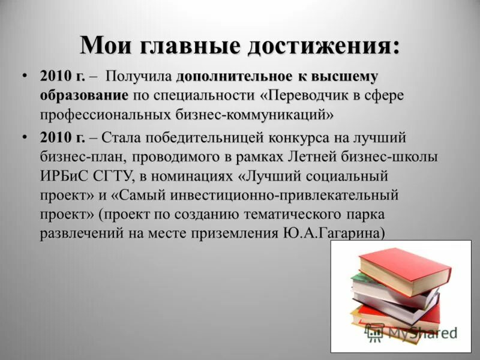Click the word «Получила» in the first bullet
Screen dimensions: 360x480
point(140,77)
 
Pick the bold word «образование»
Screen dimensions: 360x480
point(84,95)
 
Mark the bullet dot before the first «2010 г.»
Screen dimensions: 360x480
point(25,76)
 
